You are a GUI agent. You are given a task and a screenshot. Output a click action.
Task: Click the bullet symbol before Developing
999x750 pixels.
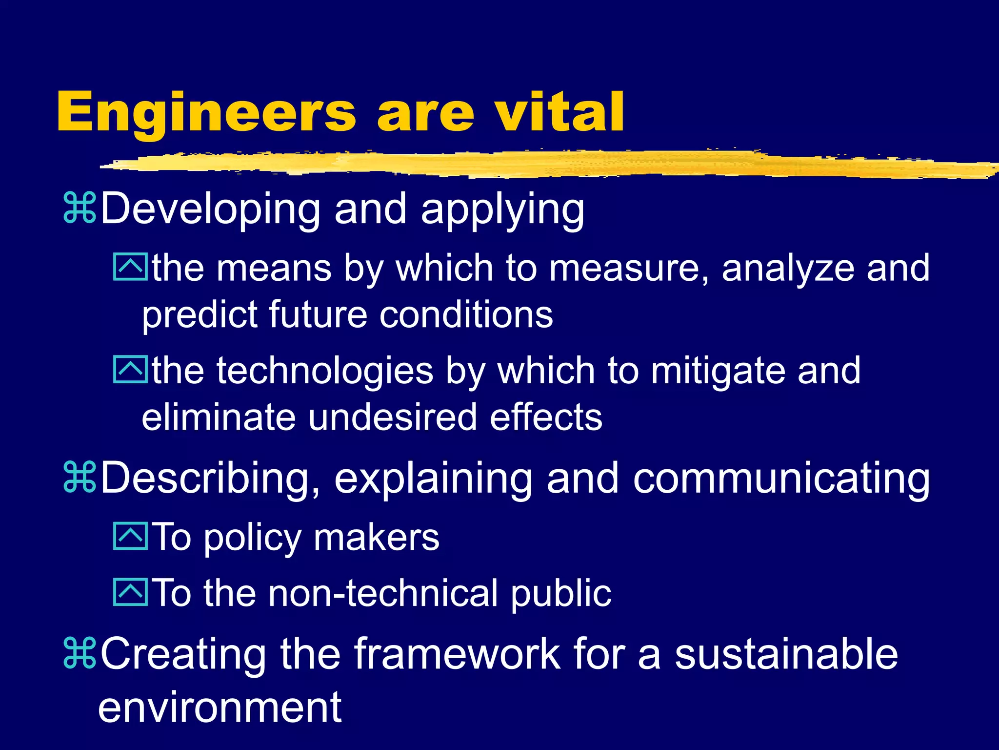[x=80, y=208]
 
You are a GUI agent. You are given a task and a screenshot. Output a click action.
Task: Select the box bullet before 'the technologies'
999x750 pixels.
[x=130, y=370]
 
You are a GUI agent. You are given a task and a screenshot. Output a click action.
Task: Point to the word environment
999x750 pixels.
[x=220, y=708]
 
